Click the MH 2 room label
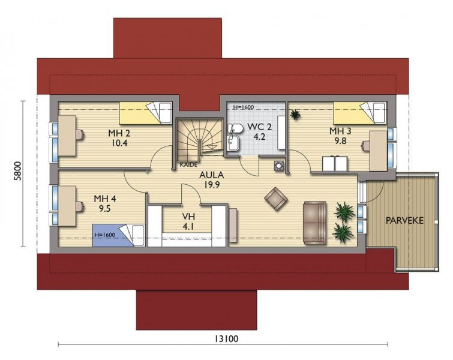(119, 133)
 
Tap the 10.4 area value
(119, 143)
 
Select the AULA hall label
(212, 175)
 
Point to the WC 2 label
(259, 127)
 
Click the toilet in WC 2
(235, 128)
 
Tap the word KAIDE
(188, 164)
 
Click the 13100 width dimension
(227, 338)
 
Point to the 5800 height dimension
(18, 171)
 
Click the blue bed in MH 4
(118, 235)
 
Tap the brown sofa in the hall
(314, 223)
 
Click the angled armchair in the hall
(276, 199)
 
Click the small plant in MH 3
(295, 115)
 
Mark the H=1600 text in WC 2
(243, 107)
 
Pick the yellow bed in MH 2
(146, 113)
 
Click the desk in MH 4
(67, 205)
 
